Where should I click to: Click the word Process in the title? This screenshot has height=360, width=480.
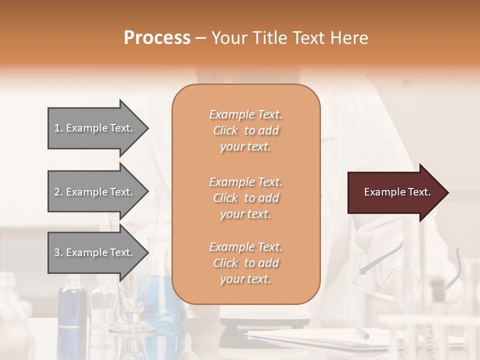pyautogui.click(x=157, y=38)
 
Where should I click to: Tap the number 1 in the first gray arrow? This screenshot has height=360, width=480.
pyautogui.click(x=57, y=128)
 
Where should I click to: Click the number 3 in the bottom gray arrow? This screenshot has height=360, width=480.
pyautogui.click(x=57, y=252)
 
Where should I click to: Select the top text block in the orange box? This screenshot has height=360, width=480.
pyautogui.click(x=245, y=130)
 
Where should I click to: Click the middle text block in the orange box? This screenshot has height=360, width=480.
pyautogui.click(x=245, y=198)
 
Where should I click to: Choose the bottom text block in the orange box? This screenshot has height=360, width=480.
pyautogui.click(x=245, y=263)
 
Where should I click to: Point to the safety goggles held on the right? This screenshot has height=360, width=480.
pyautogui.click(x=380, y=265)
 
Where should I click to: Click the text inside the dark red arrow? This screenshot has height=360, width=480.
pyautogui.click(x=397, y=192)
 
